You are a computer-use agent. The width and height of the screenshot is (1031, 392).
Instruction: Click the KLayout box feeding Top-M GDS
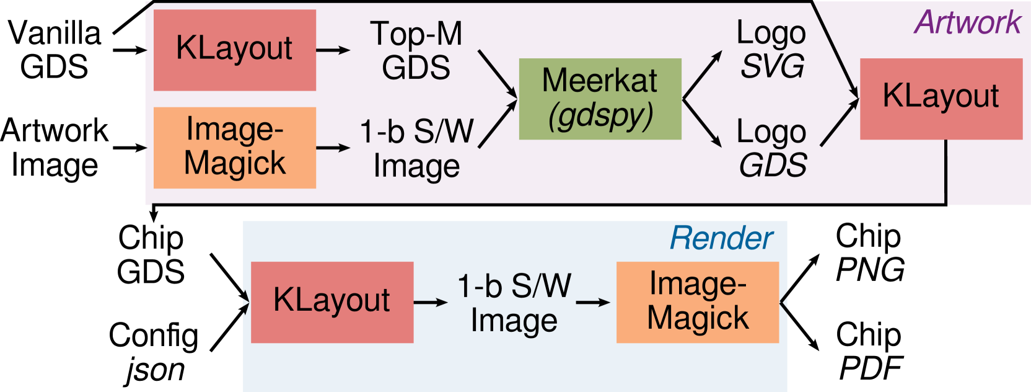(235, 50)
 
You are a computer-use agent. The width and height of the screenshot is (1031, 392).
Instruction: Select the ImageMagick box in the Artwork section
(235, 148)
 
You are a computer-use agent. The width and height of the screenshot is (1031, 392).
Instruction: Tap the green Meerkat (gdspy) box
(600, 99)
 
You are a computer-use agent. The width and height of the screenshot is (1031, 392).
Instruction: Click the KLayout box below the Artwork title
(941, 99)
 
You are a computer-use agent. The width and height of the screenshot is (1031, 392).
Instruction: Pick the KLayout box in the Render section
(332, 302)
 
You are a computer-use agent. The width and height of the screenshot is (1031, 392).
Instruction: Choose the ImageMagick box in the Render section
(698, 302)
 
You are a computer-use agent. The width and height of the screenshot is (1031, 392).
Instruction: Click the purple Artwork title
(968, 23)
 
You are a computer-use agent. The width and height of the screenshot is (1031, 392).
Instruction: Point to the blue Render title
(722, 238)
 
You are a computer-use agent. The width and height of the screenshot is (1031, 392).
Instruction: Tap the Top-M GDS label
(416, 51)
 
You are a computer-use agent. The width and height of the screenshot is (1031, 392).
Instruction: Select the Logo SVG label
(772, 50)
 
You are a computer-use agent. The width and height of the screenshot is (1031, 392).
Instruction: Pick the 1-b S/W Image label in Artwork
(417, 149)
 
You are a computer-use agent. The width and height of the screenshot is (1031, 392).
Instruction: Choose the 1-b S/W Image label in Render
(514, 303)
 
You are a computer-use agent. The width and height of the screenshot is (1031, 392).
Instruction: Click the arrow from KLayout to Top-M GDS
(333, 50)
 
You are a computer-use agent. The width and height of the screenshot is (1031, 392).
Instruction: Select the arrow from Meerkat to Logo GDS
(702, 123)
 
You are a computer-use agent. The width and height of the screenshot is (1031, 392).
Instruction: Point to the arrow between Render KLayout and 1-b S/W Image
(431, 302)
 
